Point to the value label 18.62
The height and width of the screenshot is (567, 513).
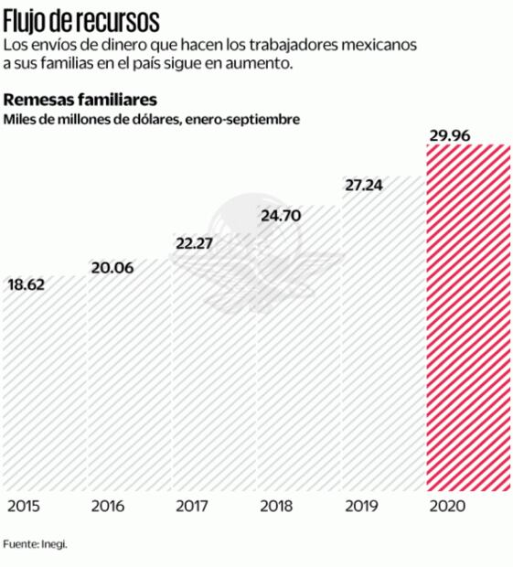[27, 284]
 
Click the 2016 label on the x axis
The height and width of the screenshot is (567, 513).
[109, 506]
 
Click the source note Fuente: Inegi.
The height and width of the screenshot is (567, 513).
[35, 543]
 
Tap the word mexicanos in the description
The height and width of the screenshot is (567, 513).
[379, 45]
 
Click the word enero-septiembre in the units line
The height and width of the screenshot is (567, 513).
[241, 119]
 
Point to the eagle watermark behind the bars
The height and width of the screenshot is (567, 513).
[258, 251]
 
